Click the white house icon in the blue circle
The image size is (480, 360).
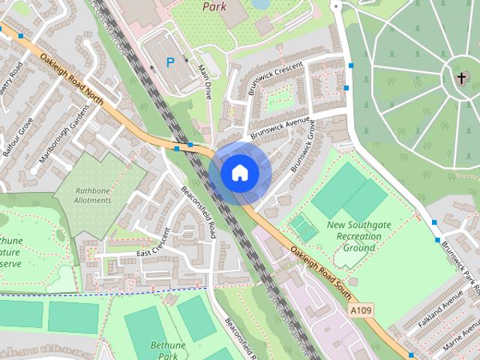click(x=239, y=172)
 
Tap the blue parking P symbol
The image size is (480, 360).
click(x=171, y=64)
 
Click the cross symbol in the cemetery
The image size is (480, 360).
click(x=459, y=77)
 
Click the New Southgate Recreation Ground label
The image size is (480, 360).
click(x=354, y=236)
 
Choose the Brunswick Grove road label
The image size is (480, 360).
click(x=301, y=145)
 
